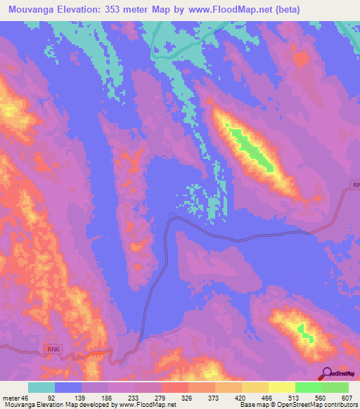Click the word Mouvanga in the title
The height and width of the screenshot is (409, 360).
pos(29,10)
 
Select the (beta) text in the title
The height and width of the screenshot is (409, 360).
pos(283,10)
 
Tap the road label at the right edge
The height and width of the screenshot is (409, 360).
pos(355,186)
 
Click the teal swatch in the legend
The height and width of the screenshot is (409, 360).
pos(41,387)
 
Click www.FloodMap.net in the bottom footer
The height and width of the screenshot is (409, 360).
pos(148,405)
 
